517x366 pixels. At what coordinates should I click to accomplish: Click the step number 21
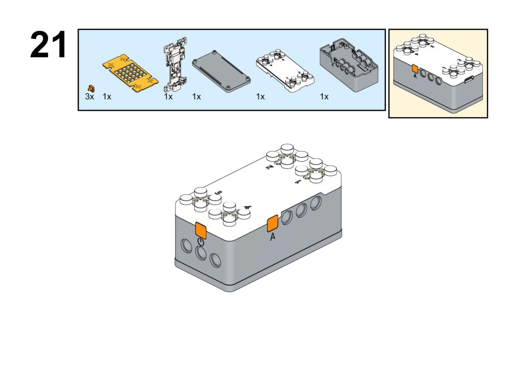click(x=49, y=45)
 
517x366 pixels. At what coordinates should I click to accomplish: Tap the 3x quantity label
click(x=89, y=97)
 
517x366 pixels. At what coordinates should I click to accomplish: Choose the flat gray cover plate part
click(x=222, y=73)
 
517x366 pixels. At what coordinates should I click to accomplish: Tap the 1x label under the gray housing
click(x=324, y=97)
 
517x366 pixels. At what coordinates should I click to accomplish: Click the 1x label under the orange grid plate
click(x=107, y=97)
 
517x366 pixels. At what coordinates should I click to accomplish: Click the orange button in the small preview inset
click(x=414, y=69)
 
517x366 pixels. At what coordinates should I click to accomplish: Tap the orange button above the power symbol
click(x=200, y=230)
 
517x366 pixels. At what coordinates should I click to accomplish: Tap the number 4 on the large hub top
click(x=247, y=209)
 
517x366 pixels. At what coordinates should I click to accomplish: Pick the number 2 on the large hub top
click(x=269, y=169)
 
